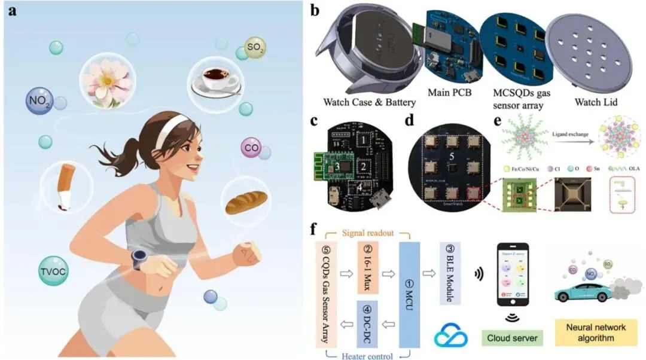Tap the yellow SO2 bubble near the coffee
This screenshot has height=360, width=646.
255,47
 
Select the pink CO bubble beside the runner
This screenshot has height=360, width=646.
251,147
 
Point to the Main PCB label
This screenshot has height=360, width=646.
449,93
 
